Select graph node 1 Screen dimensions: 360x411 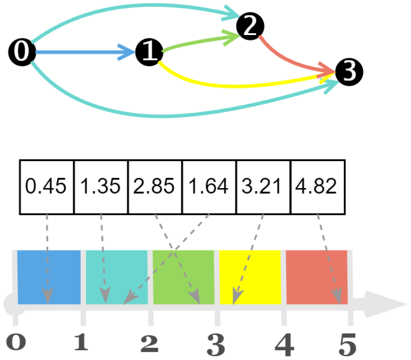tap(150, 52)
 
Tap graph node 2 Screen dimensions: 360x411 tap(250, 26)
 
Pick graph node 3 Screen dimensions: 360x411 tap(349, 72)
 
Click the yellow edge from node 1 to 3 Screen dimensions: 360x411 tap(238, 85)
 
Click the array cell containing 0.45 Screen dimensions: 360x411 tap(47, 187)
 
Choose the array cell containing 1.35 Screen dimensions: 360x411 tap(101, 187)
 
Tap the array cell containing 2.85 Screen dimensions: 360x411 tap(155, 187)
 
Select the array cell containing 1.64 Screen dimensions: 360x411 tap(209, 187)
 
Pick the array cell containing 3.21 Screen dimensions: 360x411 tap(263, 187)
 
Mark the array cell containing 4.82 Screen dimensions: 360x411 tap(317, 187)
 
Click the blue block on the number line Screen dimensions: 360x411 tap(49, 277)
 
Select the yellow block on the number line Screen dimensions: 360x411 tap(250, 277)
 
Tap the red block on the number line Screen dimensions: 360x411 tap(317, 277)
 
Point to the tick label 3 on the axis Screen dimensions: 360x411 tap(216, 344)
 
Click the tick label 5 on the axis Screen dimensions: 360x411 tap(348, 344)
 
